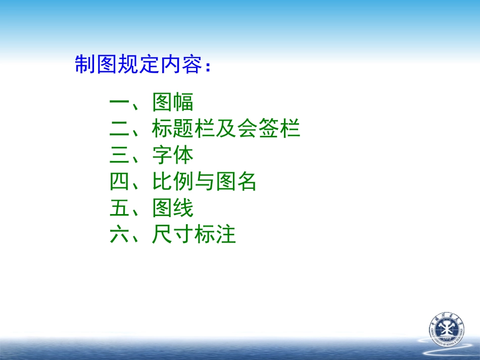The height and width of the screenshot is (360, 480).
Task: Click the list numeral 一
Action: tap(120, 102)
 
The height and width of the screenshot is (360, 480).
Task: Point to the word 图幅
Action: tap(173, 102)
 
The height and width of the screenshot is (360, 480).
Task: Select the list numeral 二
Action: tap(120, 129)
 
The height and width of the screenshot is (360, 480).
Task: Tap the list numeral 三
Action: tap(120, 156)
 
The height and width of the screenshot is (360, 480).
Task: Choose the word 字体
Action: tap(173, 156)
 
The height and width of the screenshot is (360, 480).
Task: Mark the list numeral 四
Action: tap(120, 182)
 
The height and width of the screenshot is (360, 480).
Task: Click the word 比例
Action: tap(173, 182)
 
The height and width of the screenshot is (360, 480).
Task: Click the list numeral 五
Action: tap(120, 208)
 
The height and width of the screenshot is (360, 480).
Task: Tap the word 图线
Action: tap(173, 208)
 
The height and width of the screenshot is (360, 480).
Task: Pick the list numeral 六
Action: tap(120, 235)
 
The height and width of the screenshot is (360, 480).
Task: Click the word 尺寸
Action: tap(173, 235)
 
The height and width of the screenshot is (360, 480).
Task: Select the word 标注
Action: tap(215, 235)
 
